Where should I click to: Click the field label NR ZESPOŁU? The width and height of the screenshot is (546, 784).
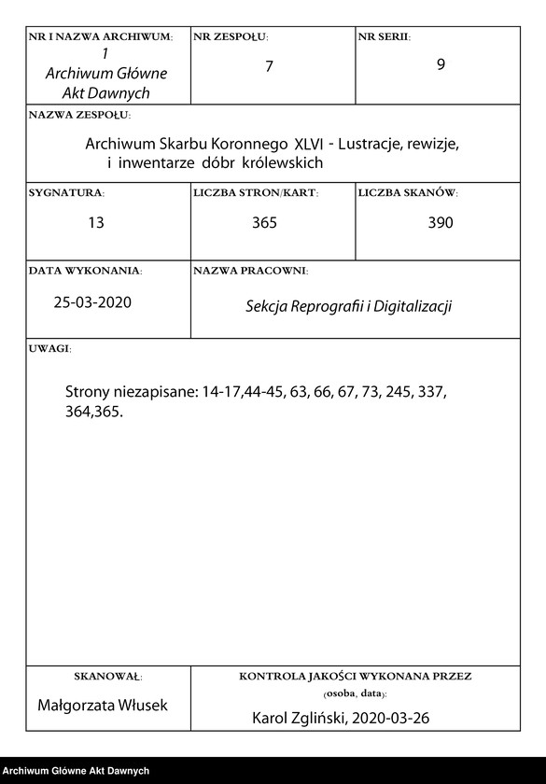pyautogui.click(x=230, y=36)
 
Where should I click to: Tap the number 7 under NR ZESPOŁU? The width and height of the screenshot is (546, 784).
pyautogui.click(x=269, y=66)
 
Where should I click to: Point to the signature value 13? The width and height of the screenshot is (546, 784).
pyautogui.click(x=95, y=222)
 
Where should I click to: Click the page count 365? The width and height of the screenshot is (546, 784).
pyautogui.click(x=264, y=222)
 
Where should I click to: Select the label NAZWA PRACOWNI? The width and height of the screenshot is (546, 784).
pyautogui.click(x=250, y=270)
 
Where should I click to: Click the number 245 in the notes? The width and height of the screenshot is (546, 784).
pyautogui.click(x=369, y=392)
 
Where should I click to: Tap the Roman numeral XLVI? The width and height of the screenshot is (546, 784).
pyautogui.click(x=309, y=146)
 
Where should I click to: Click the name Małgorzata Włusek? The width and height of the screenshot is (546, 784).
pyautogui.click(x=103, y=706)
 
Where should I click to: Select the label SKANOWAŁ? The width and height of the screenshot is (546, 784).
pyautogui.click(x=107, y=675)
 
